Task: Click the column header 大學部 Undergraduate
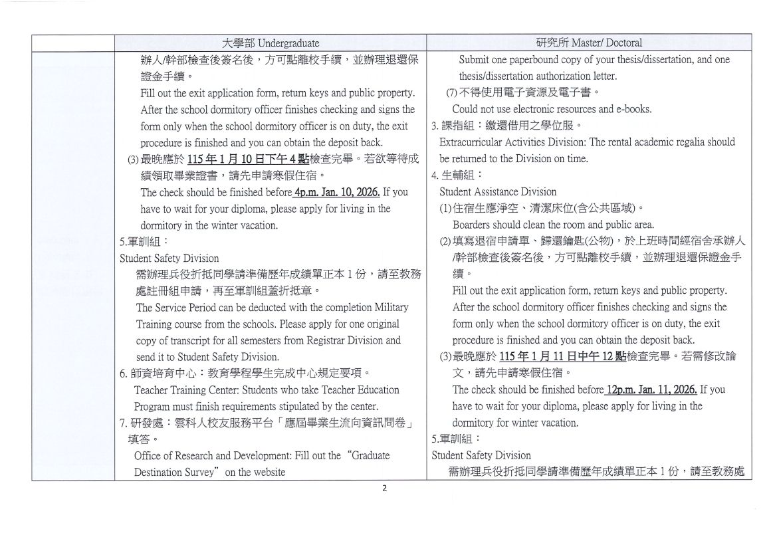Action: pyautogui.click(x=269, y=43)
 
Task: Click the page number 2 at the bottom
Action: pyautogui.click(x=384, y=489)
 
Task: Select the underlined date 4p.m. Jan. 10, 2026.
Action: pyautogui.click(x=338, y=193)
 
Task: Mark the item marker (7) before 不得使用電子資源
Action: pyautogui.click(x=451, y=93)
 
